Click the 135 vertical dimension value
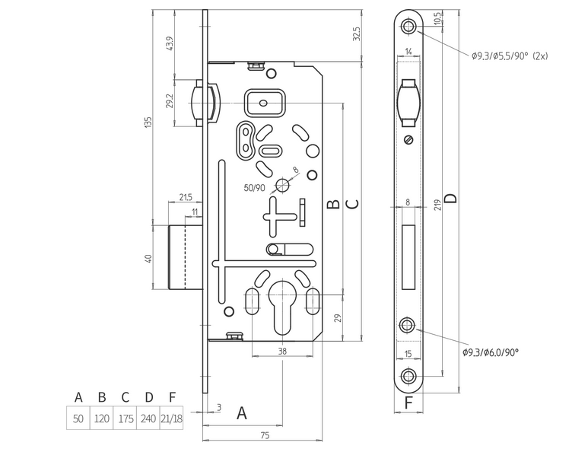150,122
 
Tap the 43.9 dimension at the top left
170,45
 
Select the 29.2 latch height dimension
170,100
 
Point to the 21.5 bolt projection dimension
185,197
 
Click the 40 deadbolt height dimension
150,258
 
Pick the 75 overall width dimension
265,435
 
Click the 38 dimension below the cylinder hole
282,352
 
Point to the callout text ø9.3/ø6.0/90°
491,352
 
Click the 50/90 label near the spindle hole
254,187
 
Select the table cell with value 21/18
172,418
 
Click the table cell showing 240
149,418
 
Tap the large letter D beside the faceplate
450,198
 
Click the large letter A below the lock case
243,413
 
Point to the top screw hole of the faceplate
409,27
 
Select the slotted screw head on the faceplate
409,140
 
